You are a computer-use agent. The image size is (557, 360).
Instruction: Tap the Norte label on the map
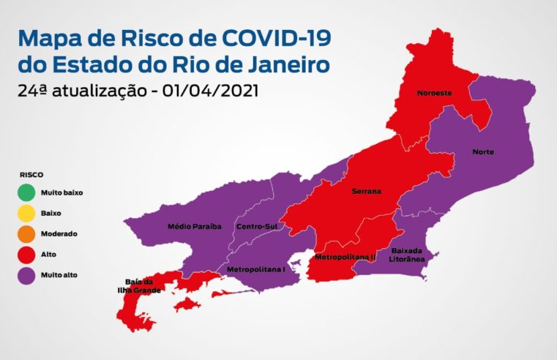click(x=483, y=152)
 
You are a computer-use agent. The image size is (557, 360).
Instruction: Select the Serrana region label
click(x=366, y=191)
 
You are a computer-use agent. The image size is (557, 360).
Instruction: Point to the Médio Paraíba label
click(x=194, y=226)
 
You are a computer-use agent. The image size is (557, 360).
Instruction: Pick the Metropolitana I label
click(x=255, y=269)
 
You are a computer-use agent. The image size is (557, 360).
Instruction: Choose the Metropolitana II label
click(x=345, y=257)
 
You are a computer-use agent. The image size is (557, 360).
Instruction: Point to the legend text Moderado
click(x=59, y=234)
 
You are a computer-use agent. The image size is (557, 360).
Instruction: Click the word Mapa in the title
click(x=51, y=37)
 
